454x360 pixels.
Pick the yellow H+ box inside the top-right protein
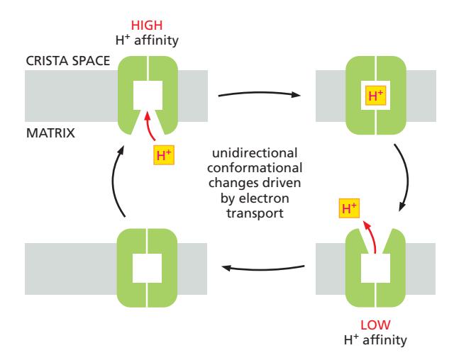pyautogui.click(x=375, y=97)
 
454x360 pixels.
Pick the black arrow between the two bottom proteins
pyautogui.click(x=263, y=267)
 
